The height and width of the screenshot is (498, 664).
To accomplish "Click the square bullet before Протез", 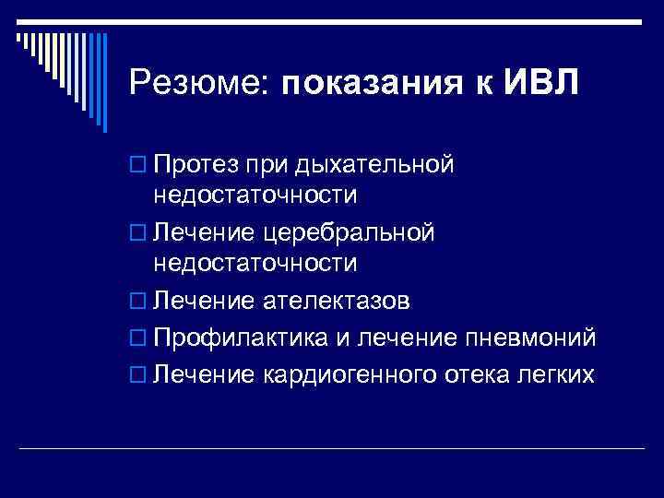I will click(x=137, y=166).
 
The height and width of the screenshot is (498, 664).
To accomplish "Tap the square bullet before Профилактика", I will click(x=137, y=339).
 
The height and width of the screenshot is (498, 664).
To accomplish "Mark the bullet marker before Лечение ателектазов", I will click(x=137, y=302).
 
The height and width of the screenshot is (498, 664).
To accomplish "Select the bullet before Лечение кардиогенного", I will click(x=137, y=376).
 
